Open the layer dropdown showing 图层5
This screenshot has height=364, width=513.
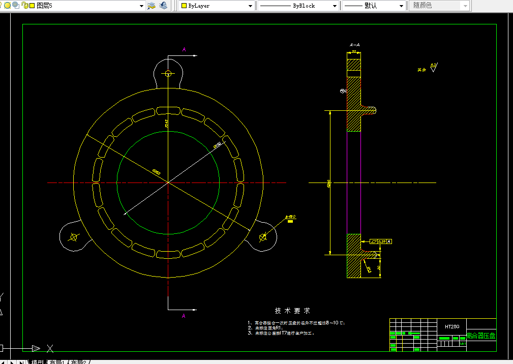86,6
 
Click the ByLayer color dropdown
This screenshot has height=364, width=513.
216,6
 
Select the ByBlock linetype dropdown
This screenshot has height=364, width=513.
297,6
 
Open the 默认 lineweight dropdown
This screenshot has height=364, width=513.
374,6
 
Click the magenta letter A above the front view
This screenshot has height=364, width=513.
184,49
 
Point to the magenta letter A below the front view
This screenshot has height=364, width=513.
184,316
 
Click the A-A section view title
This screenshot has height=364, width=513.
354,45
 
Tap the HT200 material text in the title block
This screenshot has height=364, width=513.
452,326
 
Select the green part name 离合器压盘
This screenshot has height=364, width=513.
480,336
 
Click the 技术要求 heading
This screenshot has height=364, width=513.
292,311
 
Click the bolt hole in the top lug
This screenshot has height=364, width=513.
168,73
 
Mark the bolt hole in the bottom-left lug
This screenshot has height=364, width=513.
74,236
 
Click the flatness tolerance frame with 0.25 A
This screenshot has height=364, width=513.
381,241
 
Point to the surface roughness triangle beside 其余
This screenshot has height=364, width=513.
433,68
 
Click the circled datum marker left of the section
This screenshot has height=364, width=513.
343,91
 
